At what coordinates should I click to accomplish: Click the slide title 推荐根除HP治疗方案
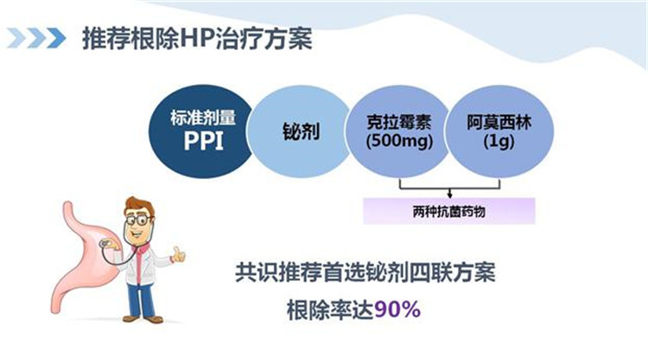point(197,38)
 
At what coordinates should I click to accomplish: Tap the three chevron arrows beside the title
point(36,38)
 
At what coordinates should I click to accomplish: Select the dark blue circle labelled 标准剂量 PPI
point(201,131)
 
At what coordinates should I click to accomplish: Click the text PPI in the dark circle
point(203,141)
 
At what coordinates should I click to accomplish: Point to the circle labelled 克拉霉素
point(398,131)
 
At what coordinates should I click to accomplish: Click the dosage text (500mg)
point(399,141)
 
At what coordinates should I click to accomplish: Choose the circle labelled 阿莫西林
point(499,131)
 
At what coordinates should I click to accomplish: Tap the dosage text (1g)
point(499,142)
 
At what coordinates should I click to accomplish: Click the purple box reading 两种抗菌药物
point(449,211)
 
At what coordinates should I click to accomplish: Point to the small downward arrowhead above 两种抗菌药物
point(449,194)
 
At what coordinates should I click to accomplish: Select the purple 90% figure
point(397,309)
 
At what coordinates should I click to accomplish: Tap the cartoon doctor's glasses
point(138,220)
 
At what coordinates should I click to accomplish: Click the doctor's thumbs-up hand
point(179,255)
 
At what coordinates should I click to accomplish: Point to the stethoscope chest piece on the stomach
point(105,244)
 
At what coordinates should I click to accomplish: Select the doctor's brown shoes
point(143,319)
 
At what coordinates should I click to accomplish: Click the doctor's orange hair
point(139,207)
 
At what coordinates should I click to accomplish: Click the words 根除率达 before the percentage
point(330,309)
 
